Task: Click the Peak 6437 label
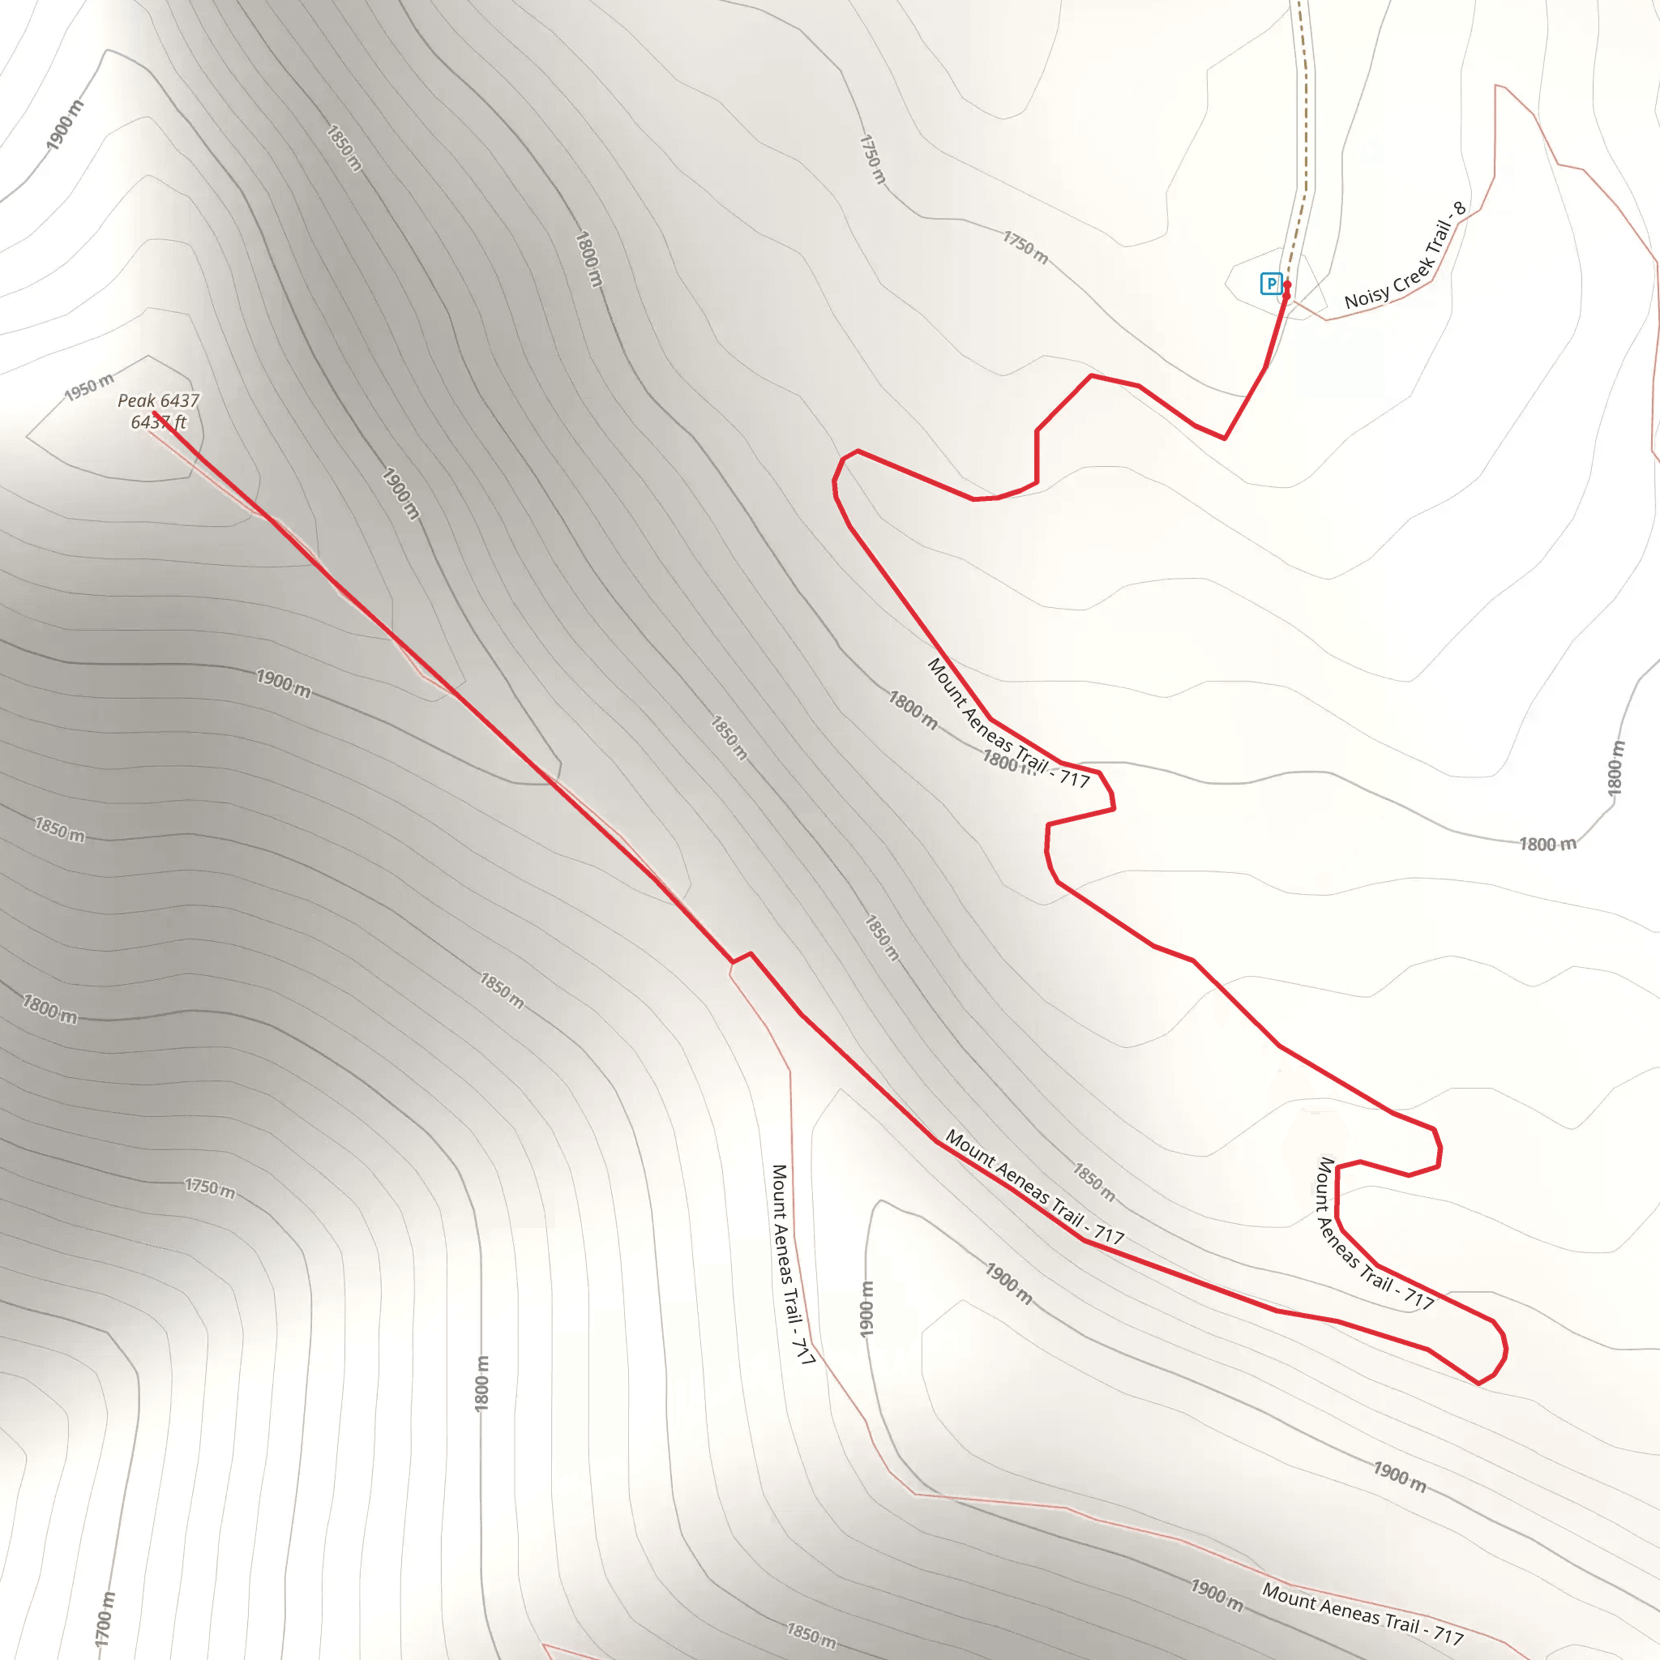tap(158, 400)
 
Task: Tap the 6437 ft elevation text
tap(158, 421)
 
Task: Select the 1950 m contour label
tap(89, 387)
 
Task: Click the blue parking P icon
tap(1271, 284)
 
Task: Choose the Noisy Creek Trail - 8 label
tap(1405, 257)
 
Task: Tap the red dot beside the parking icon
tap(1286, 285)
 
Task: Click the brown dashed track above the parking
tap(1305, 129)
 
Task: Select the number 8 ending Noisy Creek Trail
tap(1459, 208)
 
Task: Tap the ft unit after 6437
tap(180, 421)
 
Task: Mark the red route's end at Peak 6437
tap(154, 413)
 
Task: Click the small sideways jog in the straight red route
tap(742, 957)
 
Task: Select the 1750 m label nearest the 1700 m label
tap(210, 1187)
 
